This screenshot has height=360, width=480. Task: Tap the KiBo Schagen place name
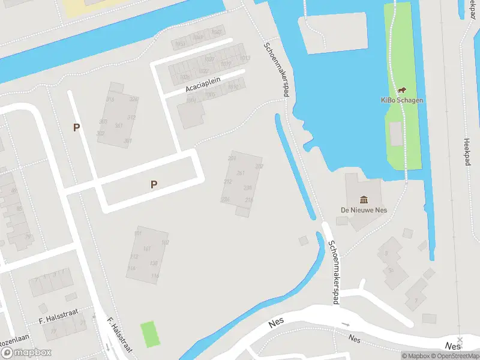402,100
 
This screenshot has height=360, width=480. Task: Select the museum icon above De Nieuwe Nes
364,199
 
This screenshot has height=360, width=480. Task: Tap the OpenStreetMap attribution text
458,356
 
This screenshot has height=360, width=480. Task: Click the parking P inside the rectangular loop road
154,185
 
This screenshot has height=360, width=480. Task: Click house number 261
241,173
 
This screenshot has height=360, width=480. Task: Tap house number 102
165,242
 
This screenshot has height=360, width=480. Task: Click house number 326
133,100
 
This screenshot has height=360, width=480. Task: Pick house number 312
131,118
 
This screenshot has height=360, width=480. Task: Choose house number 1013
245,58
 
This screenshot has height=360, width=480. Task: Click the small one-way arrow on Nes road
345,325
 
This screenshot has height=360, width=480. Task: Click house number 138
154,263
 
